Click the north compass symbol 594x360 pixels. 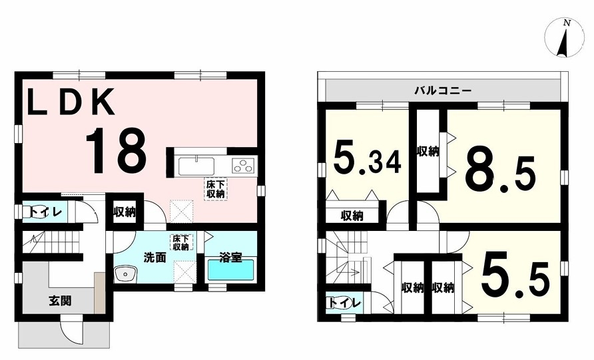[564, 38]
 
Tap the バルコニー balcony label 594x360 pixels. [443, 91]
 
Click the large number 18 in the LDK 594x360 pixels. [116, 150]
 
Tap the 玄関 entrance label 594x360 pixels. [60, 301]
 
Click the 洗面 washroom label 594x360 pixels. [155, 258]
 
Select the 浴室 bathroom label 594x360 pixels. [230, 258]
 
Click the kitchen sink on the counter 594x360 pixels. [196, 166]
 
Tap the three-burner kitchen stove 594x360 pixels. [244, 166]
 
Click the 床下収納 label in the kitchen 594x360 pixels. [216, 189]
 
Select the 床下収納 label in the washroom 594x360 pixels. [181, 242]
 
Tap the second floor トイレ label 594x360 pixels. [344, 303]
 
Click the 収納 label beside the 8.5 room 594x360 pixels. [428, 152]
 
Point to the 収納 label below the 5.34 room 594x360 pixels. [352, 216]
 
